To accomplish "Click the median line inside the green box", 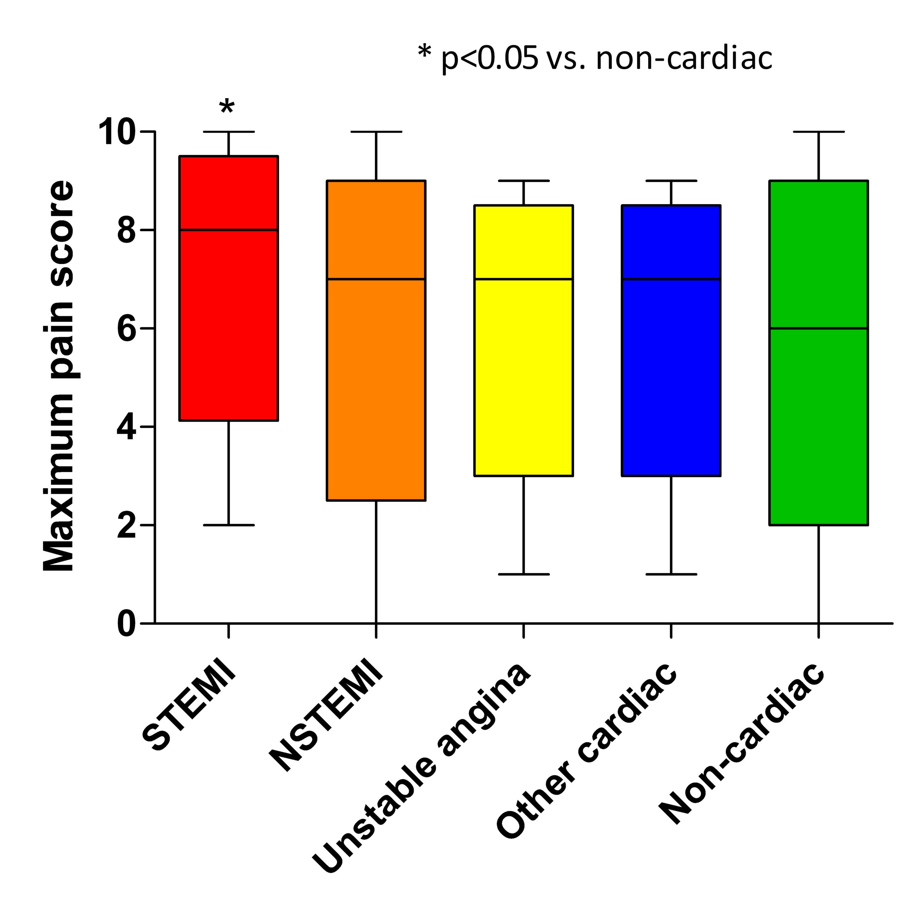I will pos(818,328).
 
